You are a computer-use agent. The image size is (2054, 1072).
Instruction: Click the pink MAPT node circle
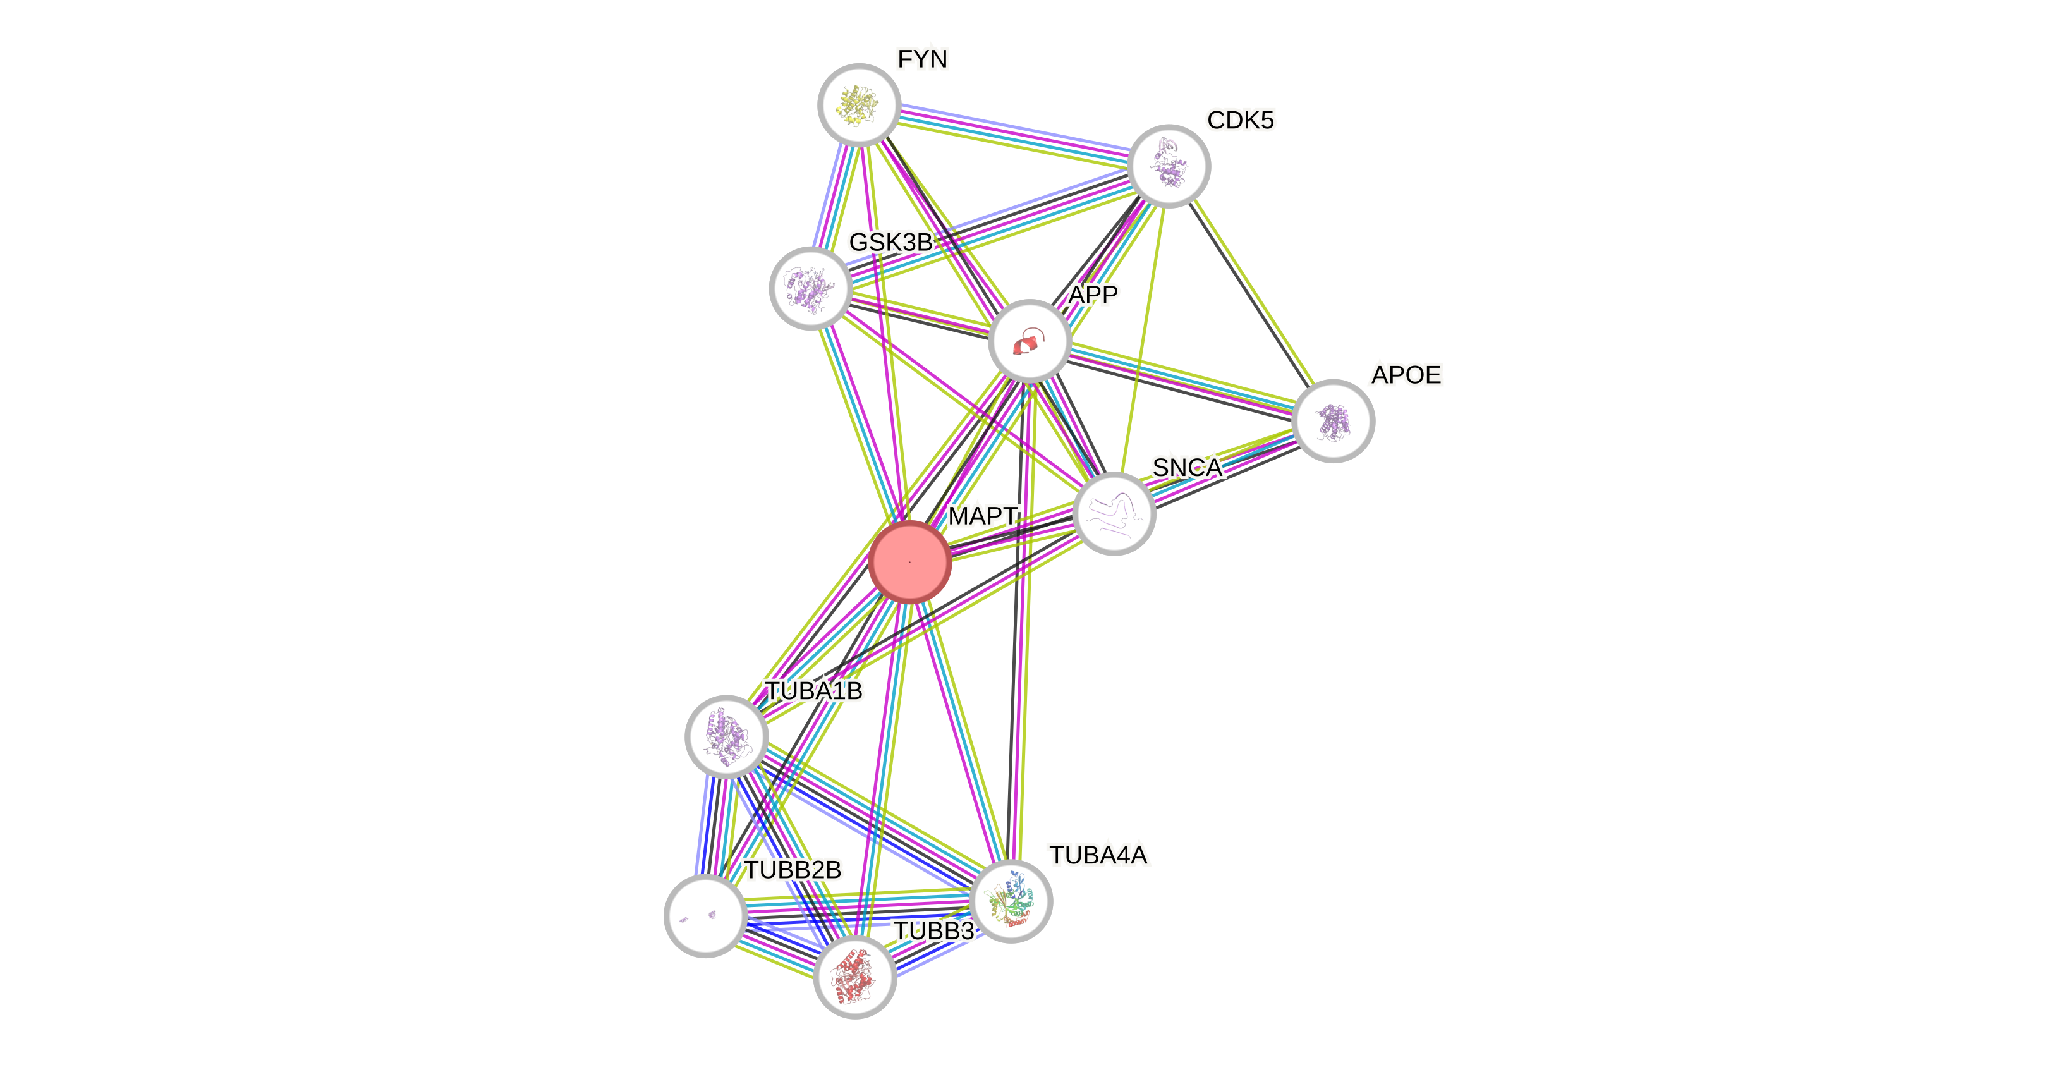coord(909,561)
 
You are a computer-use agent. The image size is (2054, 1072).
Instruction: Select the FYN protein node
coord(859,104)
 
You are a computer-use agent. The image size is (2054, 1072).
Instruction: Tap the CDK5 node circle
coord(1169,166)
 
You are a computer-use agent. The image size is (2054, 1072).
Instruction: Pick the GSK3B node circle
coord(810,287)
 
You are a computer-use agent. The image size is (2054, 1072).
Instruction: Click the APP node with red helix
coord(1029,341)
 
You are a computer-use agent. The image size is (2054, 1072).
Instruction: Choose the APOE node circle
coord(1332,420)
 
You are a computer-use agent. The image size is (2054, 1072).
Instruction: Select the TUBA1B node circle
coord(726,735)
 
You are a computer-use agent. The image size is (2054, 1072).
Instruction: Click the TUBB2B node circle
coord(705,916)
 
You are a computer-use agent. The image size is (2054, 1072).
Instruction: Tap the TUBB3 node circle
coord(854,977)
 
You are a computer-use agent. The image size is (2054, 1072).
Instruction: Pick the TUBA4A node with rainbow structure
coord(1011,901)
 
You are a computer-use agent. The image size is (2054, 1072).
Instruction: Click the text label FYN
coord(923,59)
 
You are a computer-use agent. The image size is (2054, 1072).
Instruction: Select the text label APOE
coord(1407,374)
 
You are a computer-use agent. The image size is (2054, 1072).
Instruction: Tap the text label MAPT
coord(982,516)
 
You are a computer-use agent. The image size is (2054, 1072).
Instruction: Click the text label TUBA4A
coord(1099,855)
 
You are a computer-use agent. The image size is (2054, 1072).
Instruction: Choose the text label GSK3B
coord(890,241)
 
